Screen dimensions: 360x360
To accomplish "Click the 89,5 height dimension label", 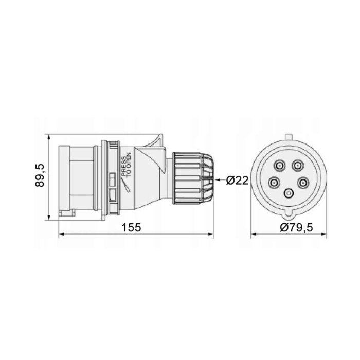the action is pyautogui.click(x=40, y=175).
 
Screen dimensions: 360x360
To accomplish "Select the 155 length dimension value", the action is pyautogui.click(x=131, y=227).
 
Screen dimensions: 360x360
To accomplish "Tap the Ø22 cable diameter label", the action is pyautogui.click(x=237, y=181).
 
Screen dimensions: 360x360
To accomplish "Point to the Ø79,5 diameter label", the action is pyautogui.click(x=296, y=227).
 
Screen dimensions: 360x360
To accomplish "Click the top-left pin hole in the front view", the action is pyautogui.click(x=279, y=165).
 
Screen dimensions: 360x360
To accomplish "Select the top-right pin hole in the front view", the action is pyautogui.click(x=297, y=165).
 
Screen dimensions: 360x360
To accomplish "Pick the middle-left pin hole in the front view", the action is pyautogui.click(x=274, y=183).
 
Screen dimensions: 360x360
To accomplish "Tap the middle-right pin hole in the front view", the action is pyautogui.click(x=303, y=183).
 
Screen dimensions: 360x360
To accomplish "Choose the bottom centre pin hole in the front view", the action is pyautogui.click(x=289, y=193).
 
